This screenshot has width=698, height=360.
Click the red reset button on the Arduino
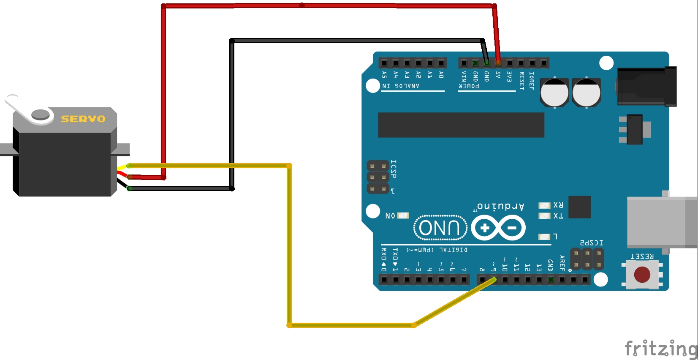pos(642,274)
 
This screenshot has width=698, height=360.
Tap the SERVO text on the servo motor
pos(83,119)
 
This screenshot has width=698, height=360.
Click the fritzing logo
pos(661,349)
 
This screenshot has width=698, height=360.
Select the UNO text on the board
pos(440,228)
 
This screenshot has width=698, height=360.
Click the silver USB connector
pos(661,221)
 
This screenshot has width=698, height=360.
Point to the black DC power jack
pos(646,86)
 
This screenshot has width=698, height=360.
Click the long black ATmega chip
pos(461,125)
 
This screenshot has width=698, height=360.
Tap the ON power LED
pos(403,215)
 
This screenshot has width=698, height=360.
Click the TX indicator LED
pos(544,216)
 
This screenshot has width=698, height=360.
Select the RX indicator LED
pos(544,205)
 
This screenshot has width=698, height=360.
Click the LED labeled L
pos(544,237)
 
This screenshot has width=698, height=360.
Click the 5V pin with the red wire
pos(498,63)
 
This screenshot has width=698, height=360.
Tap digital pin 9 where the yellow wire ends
pos(494,279)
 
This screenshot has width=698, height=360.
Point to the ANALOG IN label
pos(401,86)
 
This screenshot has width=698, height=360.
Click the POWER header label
pos(469,86)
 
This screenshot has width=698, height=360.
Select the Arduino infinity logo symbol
pos(498,228)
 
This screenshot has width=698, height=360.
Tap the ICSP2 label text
pos(591,243)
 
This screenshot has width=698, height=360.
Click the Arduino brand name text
pos(501,207)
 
